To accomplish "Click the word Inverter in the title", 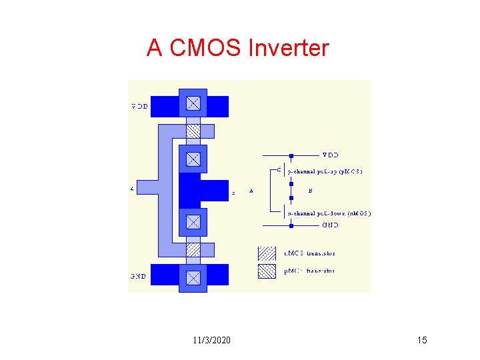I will point(288,48).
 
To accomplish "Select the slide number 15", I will point(421,341).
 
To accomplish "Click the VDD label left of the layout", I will point(139,106).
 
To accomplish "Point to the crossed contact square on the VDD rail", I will point(193,103).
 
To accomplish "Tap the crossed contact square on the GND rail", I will point(193,277).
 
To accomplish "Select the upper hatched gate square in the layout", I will point(193,131).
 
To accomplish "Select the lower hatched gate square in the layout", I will point(193,250).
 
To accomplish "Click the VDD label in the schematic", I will point(331,155).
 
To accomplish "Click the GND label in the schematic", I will point(331,225).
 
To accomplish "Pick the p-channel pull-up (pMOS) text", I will point(325,171).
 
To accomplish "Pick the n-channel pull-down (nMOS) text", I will point(329,213).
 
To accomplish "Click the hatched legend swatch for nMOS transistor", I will point(267,253).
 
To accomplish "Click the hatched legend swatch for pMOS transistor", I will point(267,271).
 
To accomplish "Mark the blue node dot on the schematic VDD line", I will point(291,156).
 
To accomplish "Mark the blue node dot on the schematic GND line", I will point(291,226).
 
